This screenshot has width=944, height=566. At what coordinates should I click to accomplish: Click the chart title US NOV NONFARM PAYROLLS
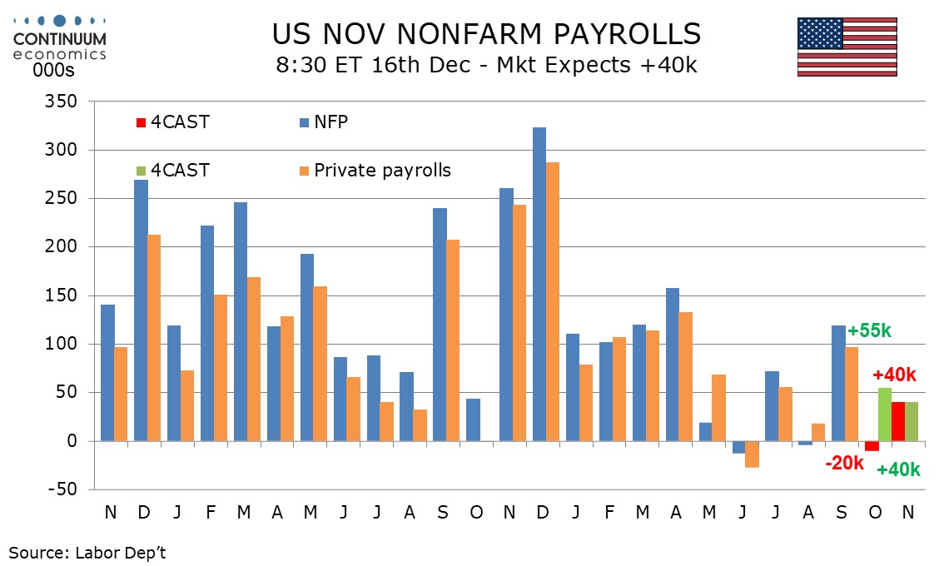486,33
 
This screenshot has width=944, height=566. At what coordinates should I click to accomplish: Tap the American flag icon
847,47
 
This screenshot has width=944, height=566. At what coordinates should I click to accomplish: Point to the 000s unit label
53,70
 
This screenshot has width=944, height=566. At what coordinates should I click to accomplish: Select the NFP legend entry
331,122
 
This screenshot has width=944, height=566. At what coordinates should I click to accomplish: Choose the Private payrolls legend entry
381,171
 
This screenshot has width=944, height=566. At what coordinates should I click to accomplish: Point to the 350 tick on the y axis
60,102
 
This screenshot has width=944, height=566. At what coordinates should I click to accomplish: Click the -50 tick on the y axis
60,489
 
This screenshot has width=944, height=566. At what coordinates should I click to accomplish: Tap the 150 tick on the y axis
60,295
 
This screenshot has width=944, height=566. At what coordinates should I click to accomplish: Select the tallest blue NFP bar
539,283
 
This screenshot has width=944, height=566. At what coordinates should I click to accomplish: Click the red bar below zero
872,445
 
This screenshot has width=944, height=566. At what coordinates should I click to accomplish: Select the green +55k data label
869,331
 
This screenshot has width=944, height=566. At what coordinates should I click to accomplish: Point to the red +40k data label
894,375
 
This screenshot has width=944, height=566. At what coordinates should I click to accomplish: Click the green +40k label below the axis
898,469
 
